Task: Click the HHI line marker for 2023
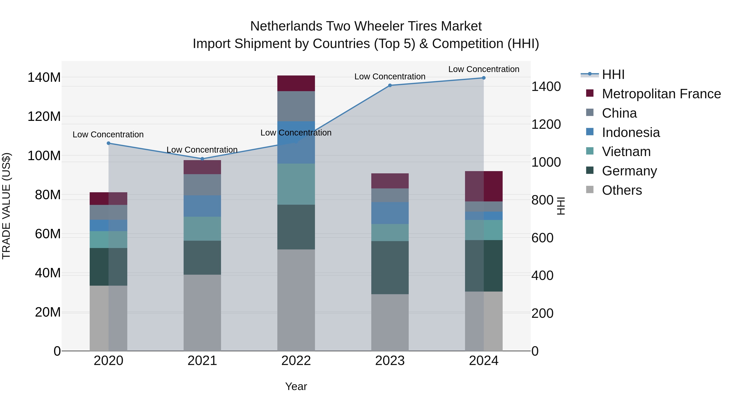pos(390,85)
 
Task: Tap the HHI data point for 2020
pos(109,143)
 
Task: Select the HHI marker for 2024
pos(484,78)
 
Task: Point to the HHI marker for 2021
pos(202,159)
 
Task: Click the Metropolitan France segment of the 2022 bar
pos(296,83)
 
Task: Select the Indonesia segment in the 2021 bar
pos(202,206)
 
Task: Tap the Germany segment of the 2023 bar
pos(390,268)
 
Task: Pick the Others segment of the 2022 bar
pos(296,300)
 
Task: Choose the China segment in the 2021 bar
pos(202,185)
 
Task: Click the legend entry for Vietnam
pos(626,152)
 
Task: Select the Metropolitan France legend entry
pos(661,94)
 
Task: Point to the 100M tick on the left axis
pos(44,156)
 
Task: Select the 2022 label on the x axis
pos(296,361)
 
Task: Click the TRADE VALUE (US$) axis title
pos(6,206)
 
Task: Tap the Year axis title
pos(296,386)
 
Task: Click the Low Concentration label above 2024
pos(484,69)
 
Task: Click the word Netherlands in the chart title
pos(286,26)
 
